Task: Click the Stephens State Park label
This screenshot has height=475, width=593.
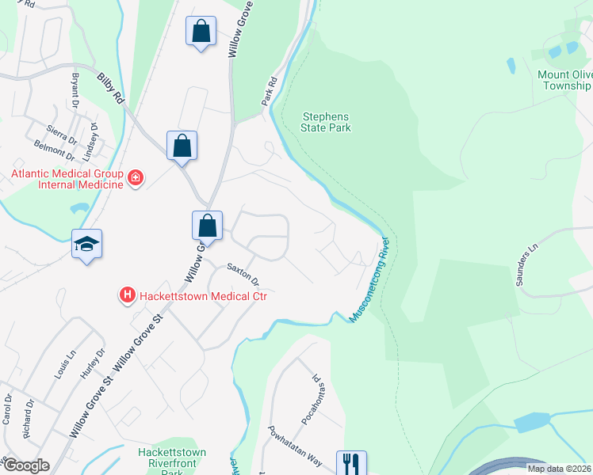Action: pyautogui.click(x=326, y=122)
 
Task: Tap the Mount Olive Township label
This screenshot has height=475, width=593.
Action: pyautogui.click(x=564, y=80)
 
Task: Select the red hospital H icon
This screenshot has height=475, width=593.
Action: pyautogui.click(x=127, y=296)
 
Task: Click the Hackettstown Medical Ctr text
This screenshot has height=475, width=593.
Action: pyautogui.click(x=203, y=296)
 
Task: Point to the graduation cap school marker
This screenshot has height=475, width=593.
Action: pyautogui.click(x=86, y=245)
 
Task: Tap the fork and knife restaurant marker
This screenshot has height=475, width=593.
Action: pyautogui.click(x=351, y=463)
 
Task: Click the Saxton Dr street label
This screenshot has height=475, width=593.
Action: pyautogui.click(x=243, y=275)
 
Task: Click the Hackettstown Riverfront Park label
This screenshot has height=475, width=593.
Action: pyautogui.click(x=172, y=458)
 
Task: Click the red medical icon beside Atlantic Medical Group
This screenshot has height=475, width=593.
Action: pyautogui.click(x=136, y=178)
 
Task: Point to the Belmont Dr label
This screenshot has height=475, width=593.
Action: pyautogui.click(x=54, y=146)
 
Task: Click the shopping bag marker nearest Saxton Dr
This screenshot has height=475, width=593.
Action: pyautogui.click(x=207, y=226)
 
